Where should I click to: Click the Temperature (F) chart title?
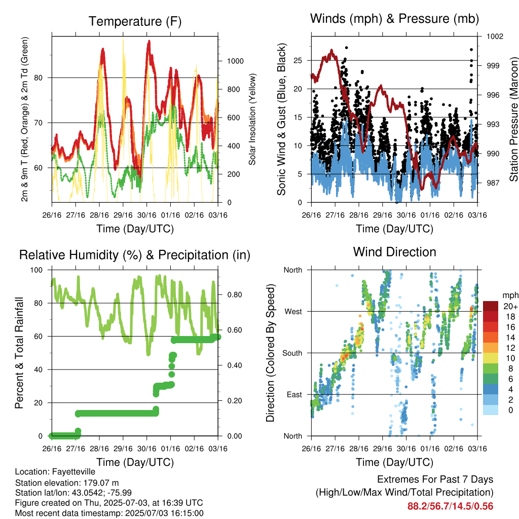[135, 21]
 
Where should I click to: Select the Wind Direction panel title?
[394, 252]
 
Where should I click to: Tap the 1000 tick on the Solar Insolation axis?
[235, 61]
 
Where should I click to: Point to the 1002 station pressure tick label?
[495, 36]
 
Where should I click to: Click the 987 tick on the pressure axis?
[493, 183]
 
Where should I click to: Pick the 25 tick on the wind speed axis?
[298, 61]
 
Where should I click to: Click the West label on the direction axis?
[293, 312]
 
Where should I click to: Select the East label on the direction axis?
[294, 394]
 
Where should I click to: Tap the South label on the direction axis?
[292, 353]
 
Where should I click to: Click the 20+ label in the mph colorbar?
[510, 307]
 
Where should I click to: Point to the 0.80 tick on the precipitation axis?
[235, 295]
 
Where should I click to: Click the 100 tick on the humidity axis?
[36, 270]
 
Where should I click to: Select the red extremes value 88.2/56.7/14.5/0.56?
[450, 506]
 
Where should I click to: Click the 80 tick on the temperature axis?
[39, 78]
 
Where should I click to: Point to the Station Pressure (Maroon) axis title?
[513, 119]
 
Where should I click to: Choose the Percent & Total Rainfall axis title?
[19, 353]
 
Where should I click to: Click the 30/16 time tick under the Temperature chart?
[146, 215]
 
